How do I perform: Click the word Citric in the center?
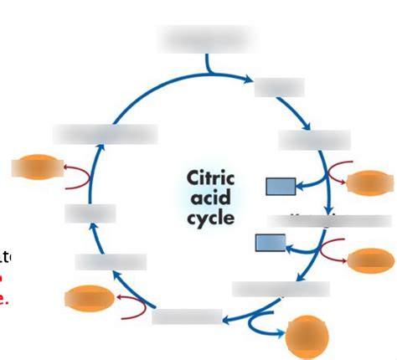[209, 178]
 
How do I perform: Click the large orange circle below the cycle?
[307, 337]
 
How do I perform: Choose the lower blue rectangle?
[271, 243]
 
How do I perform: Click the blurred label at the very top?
[204, 39]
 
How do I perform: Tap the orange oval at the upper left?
[37, 170]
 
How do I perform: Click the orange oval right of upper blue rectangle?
[369, 182]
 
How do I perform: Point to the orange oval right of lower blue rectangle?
[371, 260]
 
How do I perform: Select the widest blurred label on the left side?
[105, 133]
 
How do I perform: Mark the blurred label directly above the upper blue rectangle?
[314, 140]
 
